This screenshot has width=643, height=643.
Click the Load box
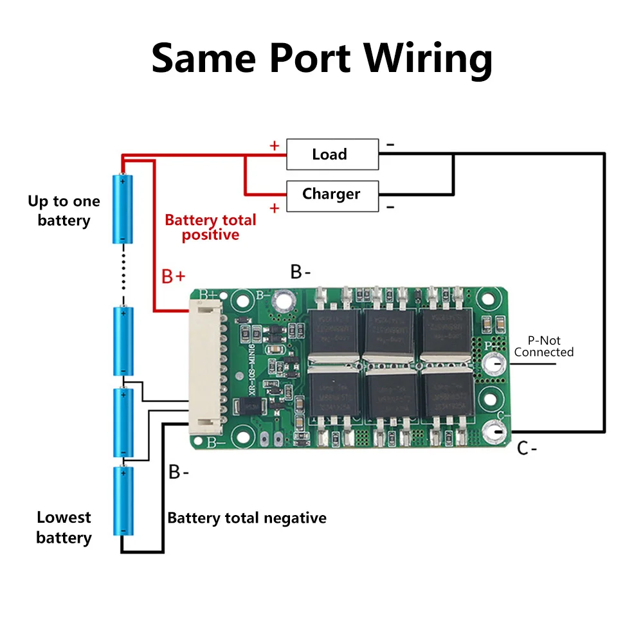coord(332,154)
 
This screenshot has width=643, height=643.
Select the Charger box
coord(332,194)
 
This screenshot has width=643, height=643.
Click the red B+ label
coord(173,276)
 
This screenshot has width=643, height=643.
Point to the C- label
coord(527,449)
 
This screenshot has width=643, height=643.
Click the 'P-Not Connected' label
coord(543,347)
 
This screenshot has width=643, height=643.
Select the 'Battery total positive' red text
coord(210,228)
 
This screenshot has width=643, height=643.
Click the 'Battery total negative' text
coord(247,518)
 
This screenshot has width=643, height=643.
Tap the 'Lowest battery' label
coord(64,527)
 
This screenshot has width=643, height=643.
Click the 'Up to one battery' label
coord(64,211)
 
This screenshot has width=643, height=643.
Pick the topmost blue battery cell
coord(123,209)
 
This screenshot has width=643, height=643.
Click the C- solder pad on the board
coord(496,430)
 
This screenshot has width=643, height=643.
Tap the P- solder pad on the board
coord(495,364)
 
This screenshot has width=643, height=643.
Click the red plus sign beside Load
coord(275,145)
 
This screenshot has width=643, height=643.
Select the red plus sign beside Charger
coord(275,208)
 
